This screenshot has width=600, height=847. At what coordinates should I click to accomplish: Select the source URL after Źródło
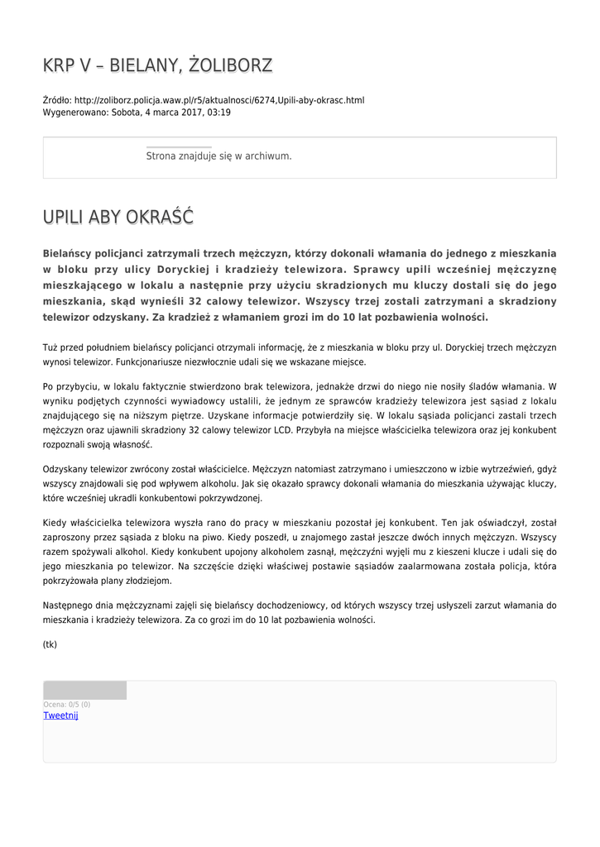(218, 100)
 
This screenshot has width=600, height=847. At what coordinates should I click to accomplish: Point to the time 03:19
(219, 112)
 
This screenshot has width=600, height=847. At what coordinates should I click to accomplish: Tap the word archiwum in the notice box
(267, 156)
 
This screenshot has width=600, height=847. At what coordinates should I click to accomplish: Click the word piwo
(206, 538)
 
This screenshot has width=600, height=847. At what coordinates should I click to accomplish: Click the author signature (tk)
(50, 644)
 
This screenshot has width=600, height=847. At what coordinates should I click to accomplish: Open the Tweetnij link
(60, 715)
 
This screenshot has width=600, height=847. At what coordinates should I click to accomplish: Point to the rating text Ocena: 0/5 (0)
(67, 705)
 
